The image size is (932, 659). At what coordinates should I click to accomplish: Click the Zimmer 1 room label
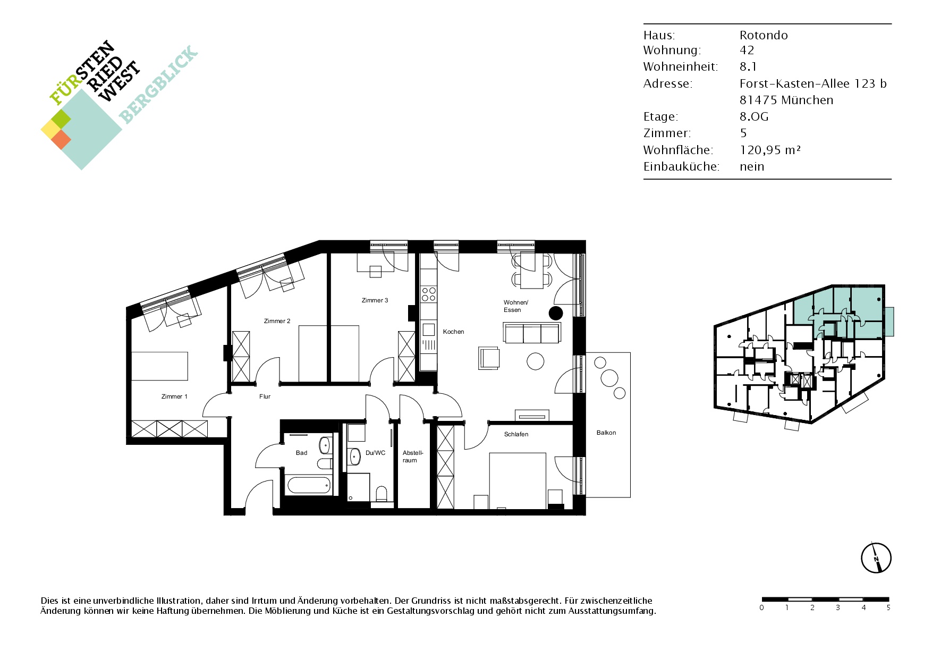point(174,396)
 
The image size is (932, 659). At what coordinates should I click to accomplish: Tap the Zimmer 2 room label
point(277,321)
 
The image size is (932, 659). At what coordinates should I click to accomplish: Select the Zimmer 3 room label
point(375,300)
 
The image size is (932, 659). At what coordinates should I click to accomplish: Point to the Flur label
point(265,396)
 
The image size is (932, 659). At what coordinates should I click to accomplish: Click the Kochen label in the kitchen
point(453,332)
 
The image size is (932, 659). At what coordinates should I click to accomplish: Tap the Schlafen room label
point(516,434)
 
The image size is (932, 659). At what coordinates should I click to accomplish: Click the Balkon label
point(606,433)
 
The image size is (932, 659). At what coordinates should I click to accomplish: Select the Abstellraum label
point(412,457)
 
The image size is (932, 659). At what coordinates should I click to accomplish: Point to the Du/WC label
point(375,453)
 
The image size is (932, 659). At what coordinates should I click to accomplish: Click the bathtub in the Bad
point(309,485)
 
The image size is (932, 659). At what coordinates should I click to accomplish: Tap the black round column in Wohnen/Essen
point(556,313)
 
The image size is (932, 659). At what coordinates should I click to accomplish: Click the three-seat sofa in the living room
point(531,333)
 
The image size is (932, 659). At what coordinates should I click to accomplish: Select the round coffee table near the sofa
point(536,361)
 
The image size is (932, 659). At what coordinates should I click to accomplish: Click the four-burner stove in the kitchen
point(429,294)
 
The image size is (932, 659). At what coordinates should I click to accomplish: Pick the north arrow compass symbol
point(876,558)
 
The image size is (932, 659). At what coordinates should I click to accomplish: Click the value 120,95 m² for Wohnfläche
point(770,150)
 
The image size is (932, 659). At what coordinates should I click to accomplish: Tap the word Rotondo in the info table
point(764,35)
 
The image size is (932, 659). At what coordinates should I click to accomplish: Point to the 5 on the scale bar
point(888,607)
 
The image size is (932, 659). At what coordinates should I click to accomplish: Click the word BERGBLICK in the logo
point(158,85)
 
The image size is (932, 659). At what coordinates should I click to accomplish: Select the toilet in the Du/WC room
point(381,494)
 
